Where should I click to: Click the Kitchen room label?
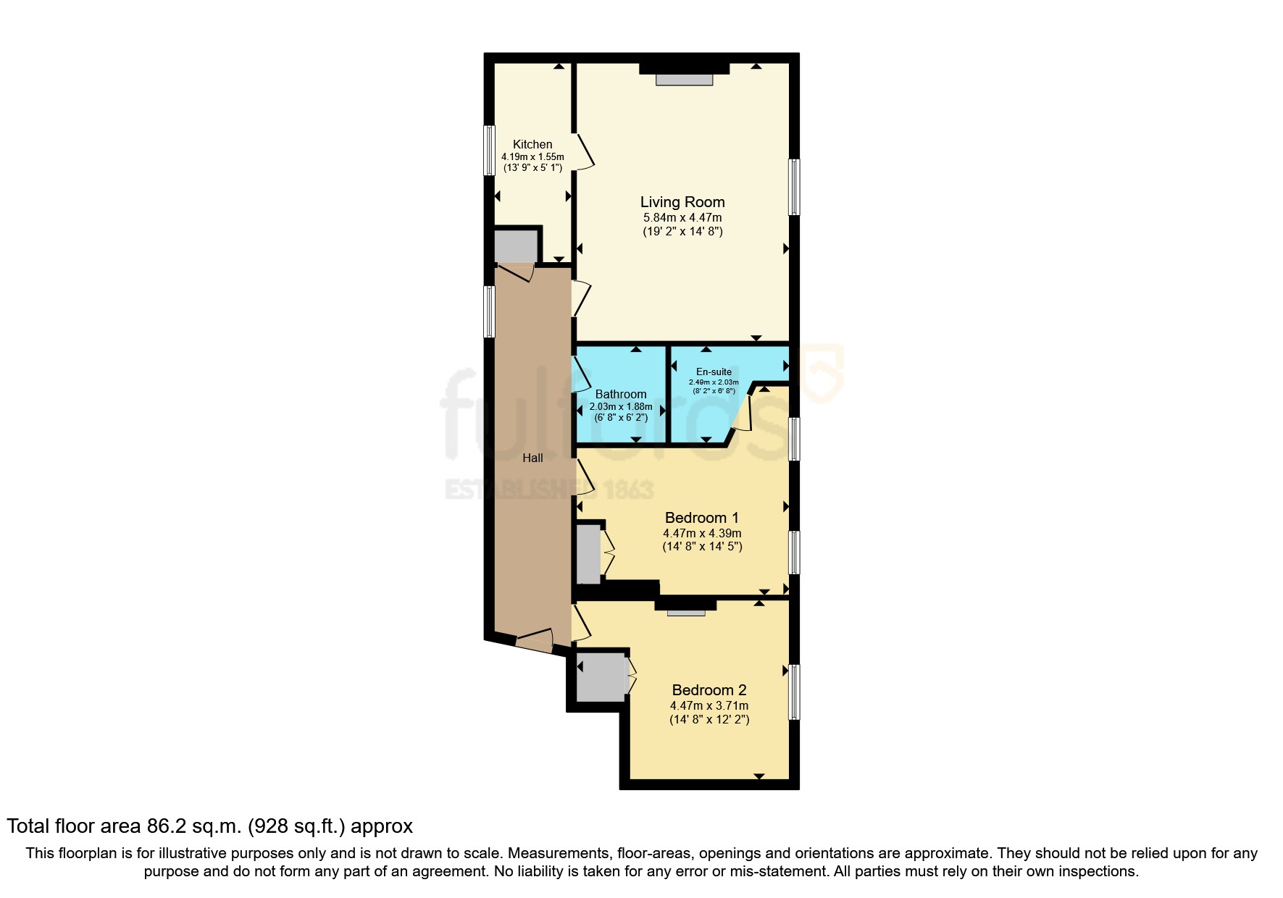532,144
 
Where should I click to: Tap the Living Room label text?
682,202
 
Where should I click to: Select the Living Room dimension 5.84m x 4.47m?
682,217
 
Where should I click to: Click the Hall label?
532,458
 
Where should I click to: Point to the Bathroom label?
621,395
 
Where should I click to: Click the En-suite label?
714,372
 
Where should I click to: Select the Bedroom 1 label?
701,518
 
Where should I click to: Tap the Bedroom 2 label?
709,690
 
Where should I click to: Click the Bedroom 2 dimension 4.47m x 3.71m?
709,705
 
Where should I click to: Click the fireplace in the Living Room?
684,80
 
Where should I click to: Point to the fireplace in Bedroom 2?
685,613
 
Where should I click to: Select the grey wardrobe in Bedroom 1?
588,554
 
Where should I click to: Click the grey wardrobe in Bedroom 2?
600,677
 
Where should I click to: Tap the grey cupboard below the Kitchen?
516,246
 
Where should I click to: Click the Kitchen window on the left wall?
489,151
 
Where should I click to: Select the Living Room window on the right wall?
794,187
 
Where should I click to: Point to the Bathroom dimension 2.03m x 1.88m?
621,407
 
